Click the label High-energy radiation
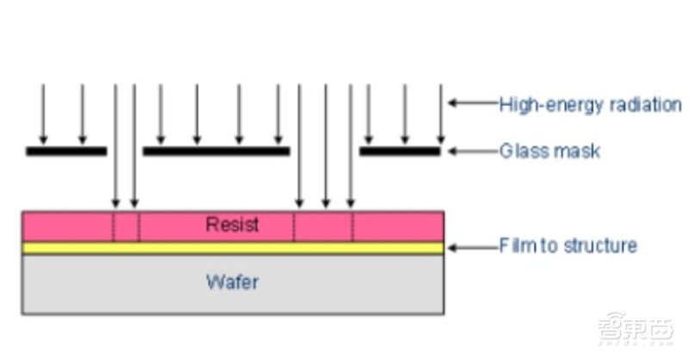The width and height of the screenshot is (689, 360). click(590, 105)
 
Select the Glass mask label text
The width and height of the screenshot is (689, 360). click(549, 152)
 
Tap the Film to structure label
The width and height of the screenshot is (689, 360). click(568, 245)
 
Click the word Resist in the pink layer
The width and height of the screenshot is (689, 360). click(233, 226)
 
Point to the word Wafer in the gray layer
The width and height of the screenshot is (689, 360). click(233, 282)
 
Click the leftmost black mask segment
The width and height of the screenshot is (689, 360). click(66, 152)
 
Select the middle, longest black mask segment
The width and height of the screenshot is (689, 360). click(215, 152)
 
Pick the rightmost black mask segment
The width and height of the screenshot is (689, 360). click(399, 152)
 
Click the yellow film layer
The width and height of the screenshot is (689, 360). click(233, 248)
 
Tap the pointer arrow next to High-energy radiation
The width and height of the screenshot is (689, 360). click(472, 104)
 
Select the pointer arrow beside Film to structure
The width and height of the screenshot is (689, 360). click(472, 248)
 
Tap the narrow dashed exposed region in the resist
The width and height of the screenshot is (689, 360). click(126, 227)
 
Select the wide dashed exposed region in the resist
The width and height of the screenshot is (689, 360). click(323, 227)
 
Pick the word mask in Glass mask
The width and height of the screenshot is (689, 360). click(580, 152)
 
